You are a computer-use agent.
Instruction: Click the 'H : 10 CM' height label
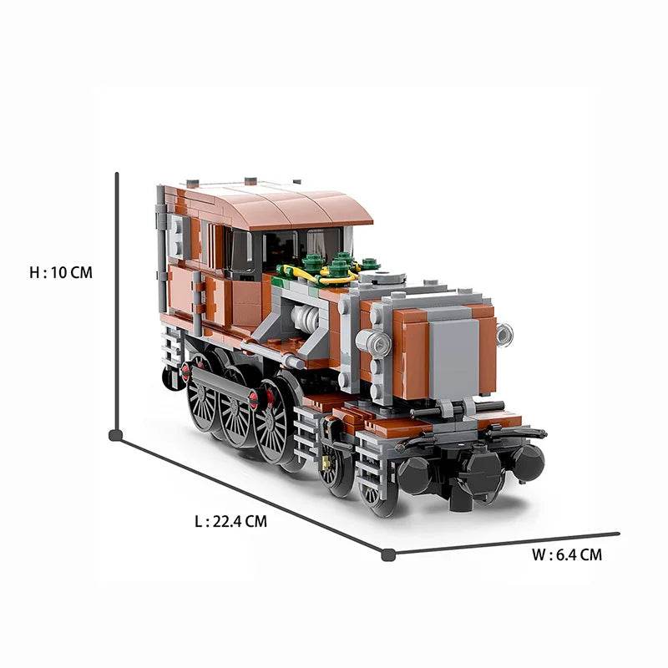click(60, 272)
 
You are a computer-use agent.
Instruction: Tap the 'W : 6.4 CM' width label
click(566, 554)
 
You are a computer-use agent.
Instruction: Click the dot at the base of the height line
click(115, 434)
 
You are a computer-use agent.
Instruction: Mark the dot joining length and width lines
click(387, 554)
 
